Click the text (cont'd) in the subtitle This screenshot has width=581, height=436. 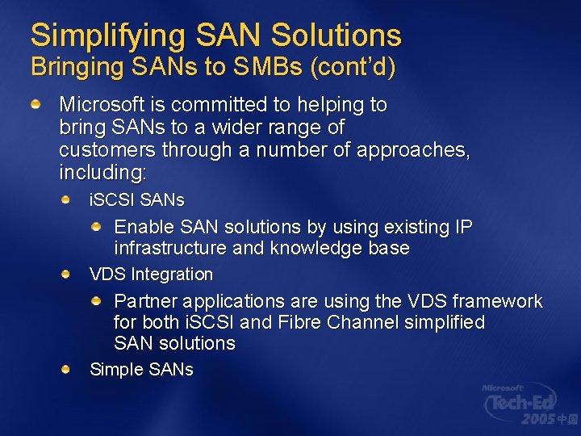click(353, 68)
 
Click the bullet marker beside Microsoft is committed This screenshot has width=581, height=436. click(36, 105)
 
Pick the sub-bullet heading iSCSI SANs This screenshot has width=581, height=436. click(136, 199)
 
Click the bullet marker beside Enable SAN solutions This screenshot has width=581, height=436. click(96, 227)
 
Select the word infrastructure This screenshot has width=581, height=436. click(170, 248)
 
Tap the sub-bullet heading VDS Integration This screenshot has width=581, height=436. click(151, 275)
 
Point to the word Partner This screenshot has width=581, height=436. click(145, 301)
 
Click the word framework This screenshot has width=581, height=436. click(497, 301)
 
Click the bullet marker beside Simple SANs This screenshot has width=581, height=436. click(66, 369)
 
